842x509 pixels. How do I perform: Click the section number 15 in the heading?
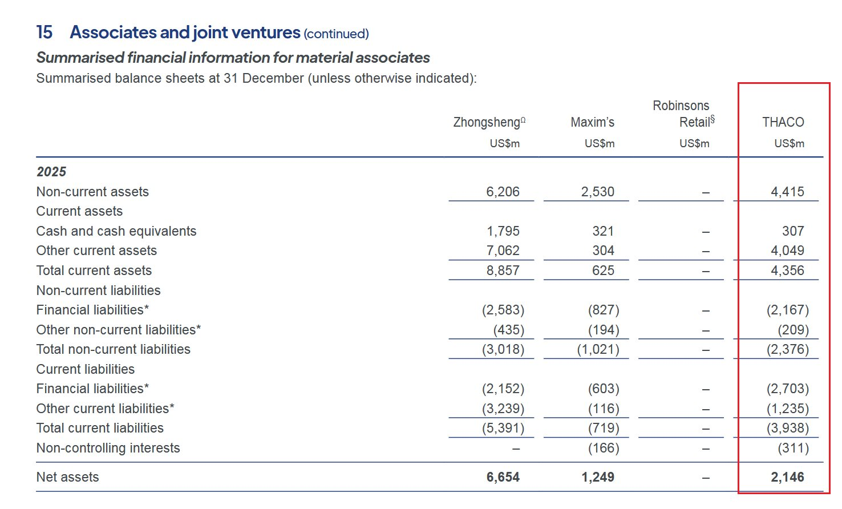click(x=44, y=33)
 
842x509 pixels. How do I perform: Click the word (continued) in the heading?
click(x=336, y=34)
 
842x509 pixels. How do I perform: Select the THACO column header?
click(x=783, y=122)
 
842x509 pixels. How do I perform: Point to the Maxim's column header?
click(x=592, y=122)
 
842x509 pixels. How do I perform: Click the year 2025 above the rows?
click(x=51, y=172)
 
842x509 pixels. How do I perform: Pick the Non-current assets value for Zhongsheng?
click(x=503, y=192)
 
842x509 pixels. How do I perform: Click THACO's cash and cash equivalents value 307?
click(x=793, y=231)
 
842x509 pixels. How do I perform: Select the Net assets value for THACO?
click(x=787, y=477)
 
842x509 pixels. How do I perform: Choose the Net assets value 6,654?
click(x=503, y=477)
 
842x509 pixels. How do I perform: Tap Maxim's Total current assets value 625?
click(x=603, y=270)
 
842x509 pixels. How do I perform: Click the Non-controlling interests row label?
click(x=108, y=448)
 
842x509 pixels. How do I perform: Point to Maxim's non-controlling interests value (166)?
click(x=604, y=448)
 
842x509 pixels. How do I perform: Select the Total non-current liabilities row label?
click(x=113, y=349)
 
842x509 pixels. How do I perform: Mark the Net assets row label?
click(x=67, y=477)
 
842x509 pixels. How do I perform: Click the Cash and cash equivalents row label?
click(x=116, y=231)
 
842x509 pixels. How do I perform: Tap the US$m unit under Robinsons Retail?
click(x=694, y=143)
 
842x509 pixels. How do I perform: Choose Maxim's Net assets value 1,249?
click(x=598, y=477)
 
